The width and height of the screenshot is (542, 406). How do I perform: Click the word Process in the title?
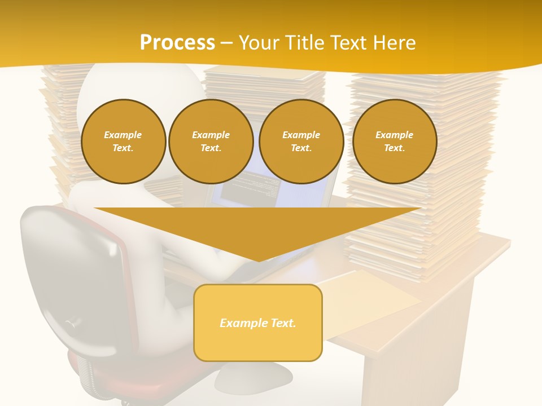coord(177,43)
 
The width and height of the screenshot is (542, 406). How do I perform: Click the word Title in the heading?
coord(305,43)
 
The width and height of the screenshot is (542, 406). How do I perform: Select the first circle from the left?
coord(123,142)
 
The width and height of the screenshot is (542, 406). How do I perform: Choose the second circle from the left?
coord(211,142)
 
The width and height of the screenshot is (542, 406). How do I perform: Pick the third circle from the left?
coord(301,142)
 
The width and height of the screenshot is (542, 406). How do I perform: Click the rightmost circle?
coord(394,142)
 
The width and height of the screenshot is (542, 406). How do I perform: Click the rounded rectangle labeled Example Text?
coord(258,323)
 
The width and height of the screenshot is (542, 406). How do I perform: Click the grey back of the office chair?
coord(79,271)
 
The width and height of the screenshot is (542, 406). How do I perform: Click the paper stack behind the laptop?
coord(265,85)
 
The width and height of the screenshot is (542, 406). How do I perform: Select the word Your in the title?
coord(260,43)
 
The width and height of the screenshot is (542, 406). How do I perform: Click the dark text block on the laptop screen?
coord(248,189)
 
